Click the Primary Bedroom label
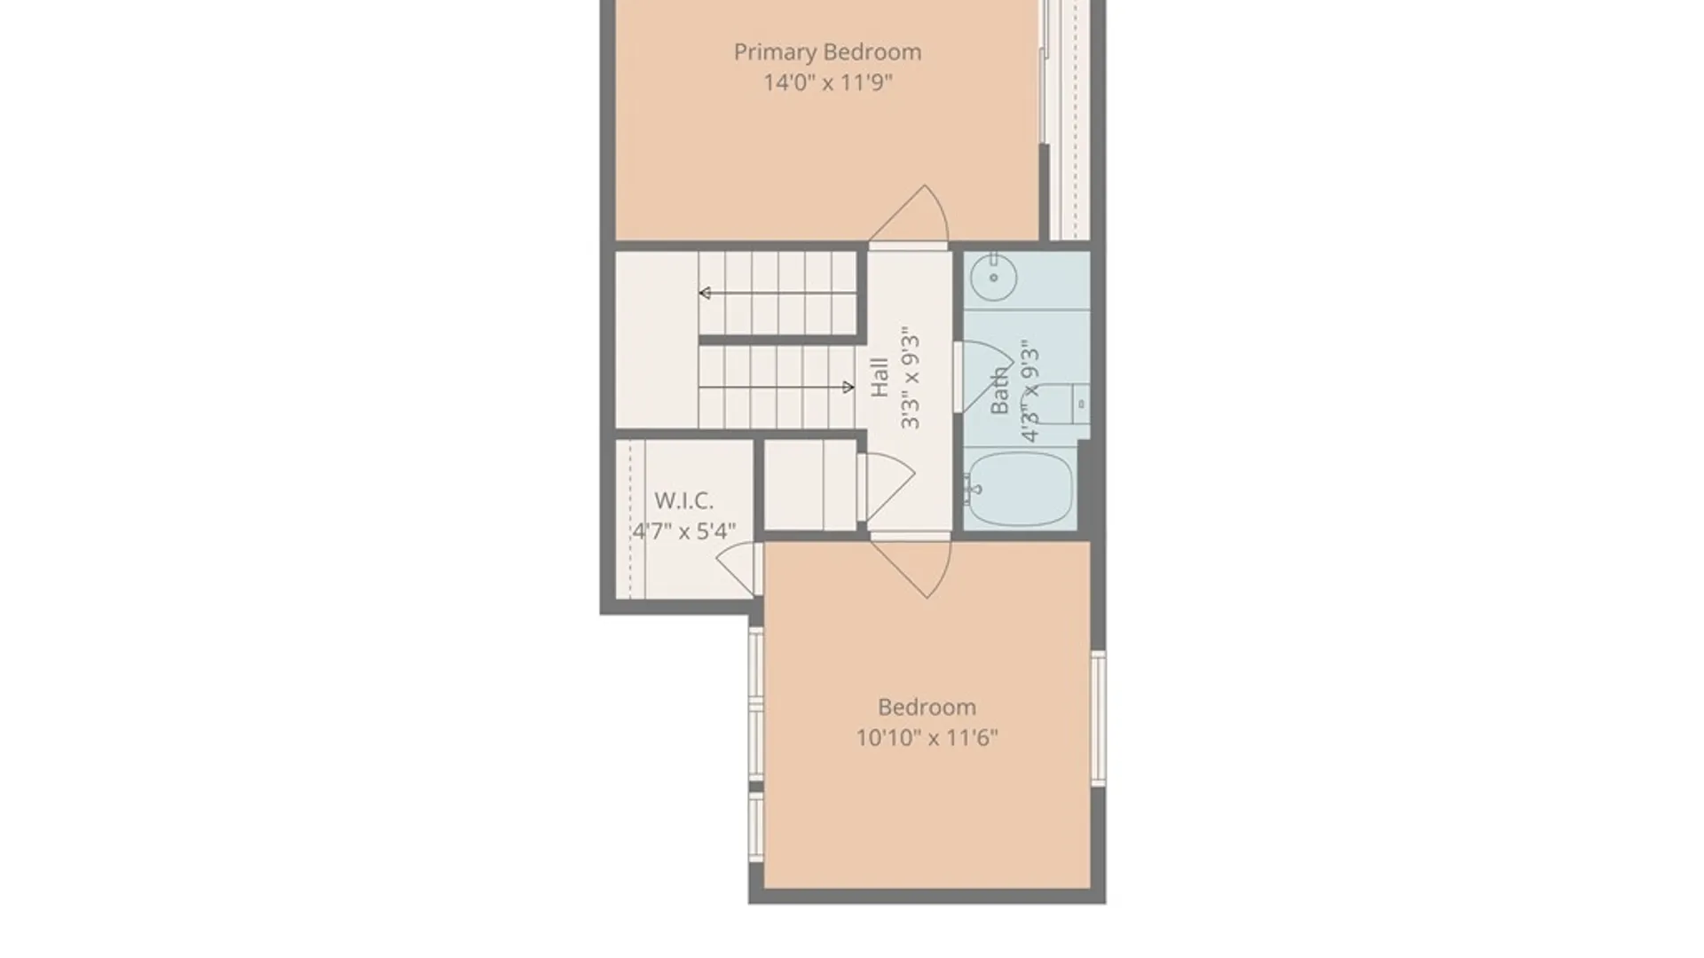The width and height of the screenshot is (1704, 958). [x=827, y=52]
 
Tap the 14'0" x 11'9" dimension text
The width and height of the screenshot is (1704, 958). [x=828, y=82]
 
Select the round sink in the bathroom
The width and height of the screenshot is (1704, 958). [x=993, y=277]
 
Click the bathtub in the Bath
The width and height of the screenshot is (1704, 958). [x=1019, y=489]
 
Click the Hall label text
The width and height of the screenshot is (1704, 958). [x=880, y=377]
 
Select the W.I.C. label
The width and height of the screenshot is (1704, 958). [x=683, y=500]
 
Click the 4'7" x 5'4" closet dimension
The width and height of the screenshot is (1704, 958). [x=683, y=531]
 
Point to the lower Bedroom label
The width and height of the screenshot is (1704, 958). [x=927, y=707]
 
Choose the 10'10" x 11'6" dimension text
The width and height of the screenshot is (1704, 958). [x=927, y=738]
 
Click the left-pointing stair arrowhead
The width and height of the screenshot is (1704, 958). [x=705, y=293]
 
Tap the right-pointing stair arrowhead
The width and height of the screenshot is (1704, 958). [x=848, y=387]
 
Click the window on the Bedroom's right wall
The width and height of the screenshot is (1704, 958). [x=1098, y=718]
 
